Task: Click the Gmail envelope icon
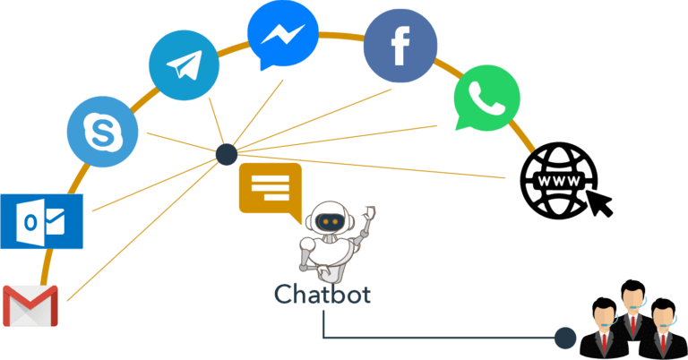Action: point(30,305)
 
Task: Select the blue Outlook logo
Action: point(42,221)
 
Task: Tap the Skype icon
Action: point(103,132)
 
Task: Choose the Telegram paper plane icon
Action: point(185,65)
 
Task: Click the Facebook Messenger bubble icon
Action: point(283,35)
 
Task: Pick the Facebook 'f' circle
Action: point(400,46)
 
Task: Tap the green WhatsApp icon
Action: point(486,98)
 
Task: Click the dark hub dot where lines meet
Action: point(227,154)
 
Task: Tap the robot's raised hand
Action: point(369,213)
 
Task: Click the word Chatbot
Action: point(322,295)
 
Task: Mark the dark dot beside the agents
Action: point(565,339)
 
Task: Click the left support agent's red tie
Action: point(604,342)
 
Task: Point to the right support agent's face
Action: point(663,317)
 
